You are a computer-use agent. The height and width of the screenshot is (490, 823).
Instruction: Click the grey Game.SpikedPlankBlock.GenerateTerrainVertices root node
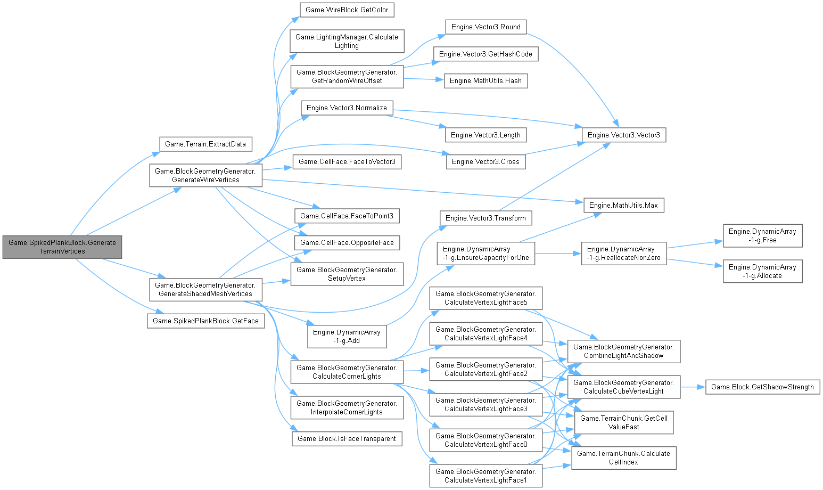click(62, 247)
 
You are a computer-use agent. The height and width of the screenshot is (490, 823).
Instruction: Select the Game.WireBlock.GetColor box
click(347, 10)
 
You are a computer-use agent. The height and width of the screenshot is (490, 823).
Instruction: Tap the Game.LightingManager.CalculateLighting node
click(347, 41)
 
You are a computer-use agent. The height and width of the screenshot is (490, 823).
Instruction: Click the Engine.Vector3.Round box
click(485, 27)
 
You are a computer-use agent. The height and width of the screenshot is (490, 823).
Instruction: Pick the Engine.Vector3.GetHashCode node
click(485, 54)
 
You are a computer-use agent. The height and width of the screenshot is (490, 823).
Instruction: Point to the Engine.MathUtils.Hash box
click(485, 80)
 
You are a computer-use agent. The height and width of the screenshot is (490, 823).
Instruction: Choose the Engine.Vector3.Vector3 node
click(623, 135)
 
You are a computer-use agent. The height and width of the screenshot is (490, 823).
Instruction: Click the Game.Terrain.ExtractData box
click(205, 144)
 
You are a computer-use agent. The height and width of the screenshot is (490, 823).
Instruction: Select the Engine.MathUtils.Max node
click(623, 205)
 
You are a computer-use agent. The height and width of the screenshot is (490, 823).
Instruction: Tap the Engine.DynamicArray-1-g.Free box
click(762, 235)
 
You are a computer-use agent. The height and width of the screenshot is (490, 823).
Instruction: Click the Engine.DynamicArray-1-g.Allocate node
click(762, 271)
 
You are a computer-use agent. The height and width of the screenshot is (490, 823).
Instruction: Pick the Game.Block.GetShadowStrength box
click(762, 387)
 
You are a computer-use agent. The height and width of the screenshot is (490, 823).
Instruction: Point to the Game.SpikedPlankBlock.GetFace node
click(205, 321)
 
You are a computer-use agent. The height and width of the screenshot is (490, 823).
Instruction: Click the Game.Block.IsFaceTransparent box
click(347, 438)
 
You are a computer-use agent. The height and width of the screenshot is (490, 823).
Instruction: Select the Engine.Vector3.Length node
click(485, 135)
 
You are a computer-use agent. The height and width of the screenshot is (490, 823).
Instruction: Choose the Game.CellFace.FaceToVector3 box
click(347, 161)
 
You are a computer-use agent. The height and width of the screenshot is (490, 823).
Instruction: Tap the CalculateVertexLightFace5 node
click(485, 298)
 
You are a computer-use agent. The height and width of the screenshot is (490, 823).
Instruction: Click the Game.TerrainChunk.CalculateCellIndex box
click(623, 458)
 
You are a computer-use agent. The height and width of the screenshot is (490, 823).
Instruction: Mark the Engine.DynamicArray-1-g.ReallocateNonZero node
click(623, 254)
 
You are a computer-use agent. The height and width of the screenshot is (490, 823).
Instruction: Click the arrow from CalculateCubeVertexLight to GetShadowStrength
click(693, 387)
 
